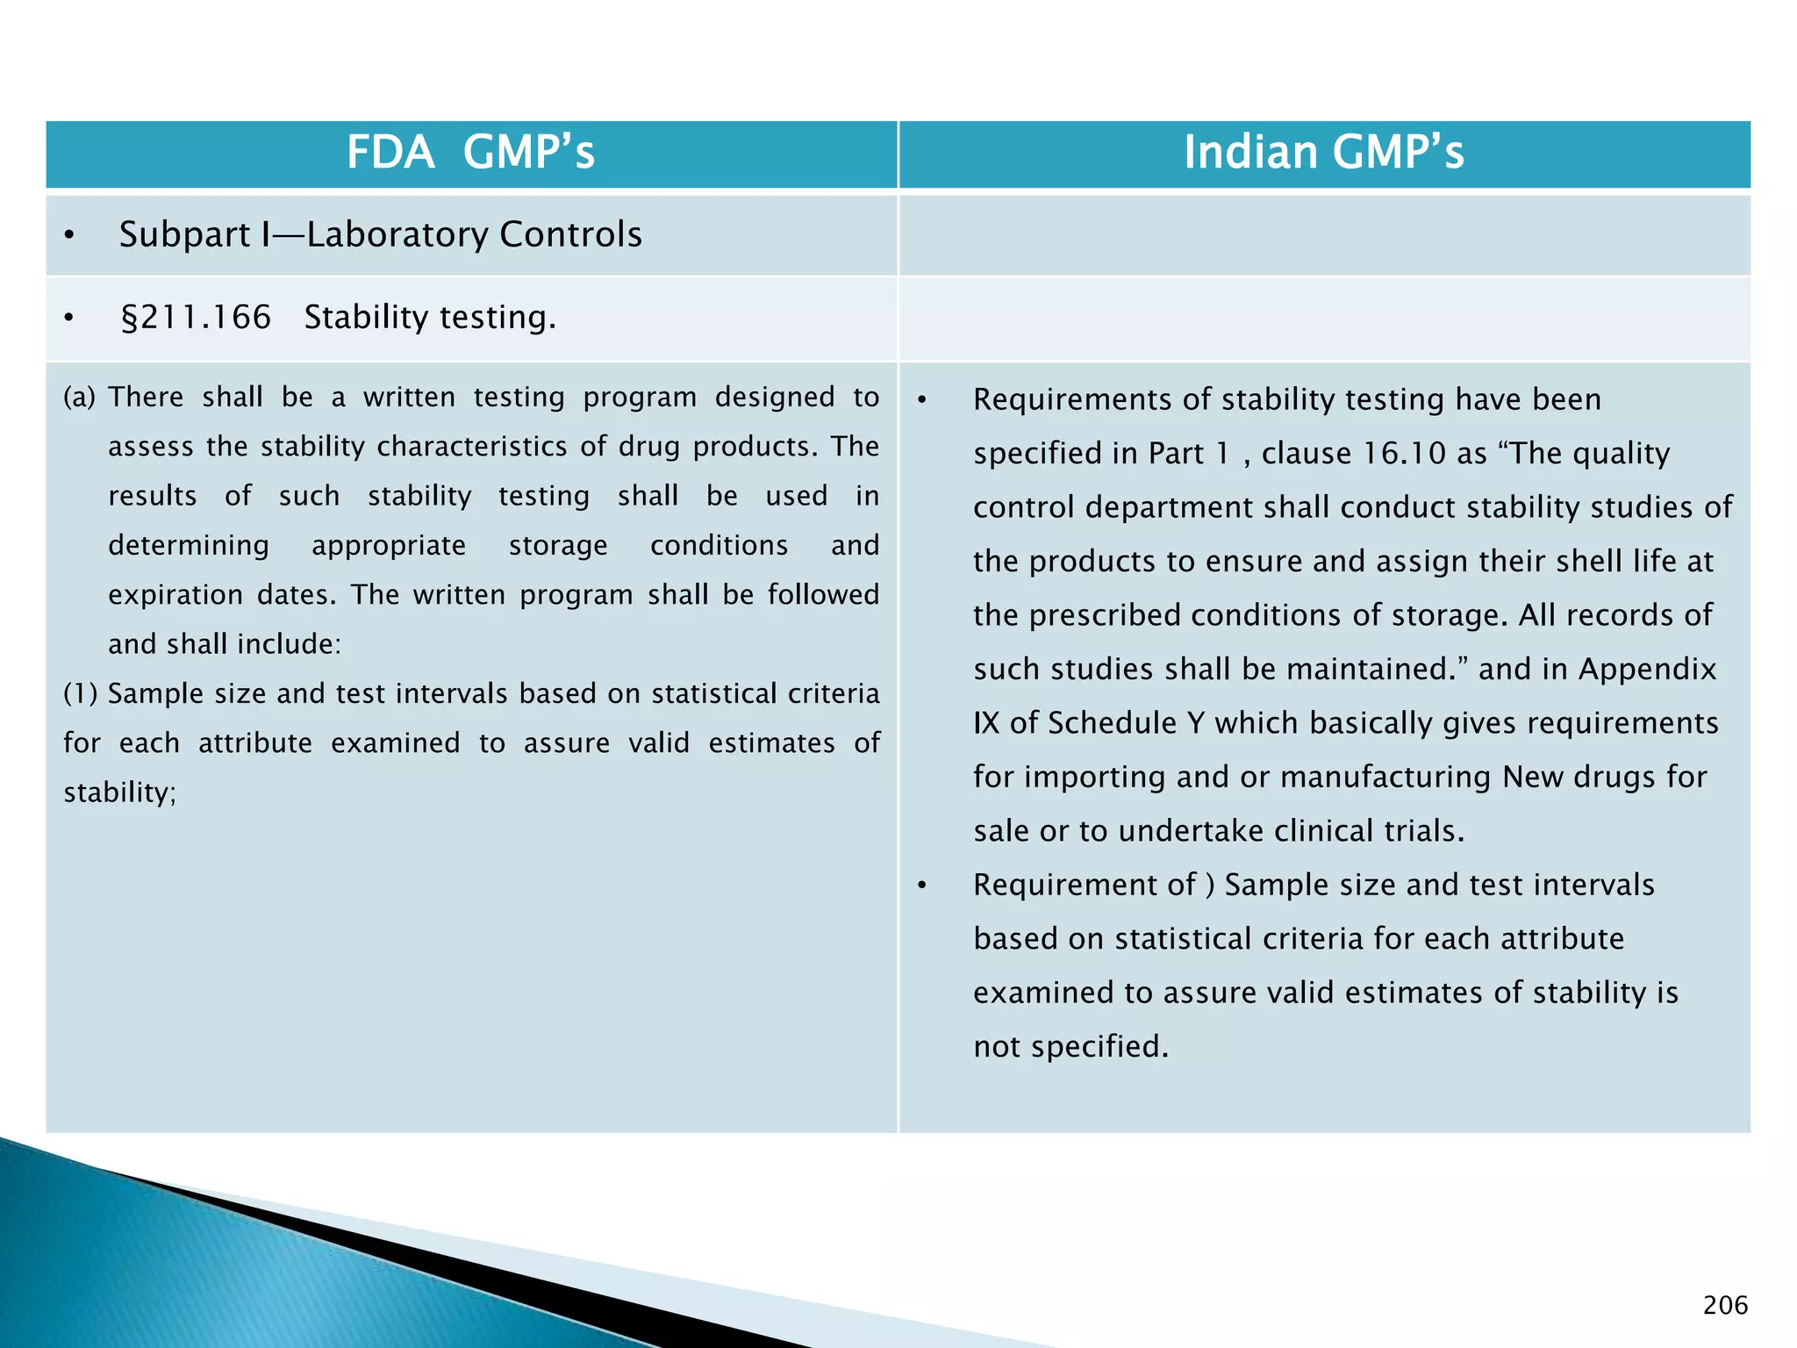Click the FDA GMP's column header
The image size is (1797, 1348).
click(x=470, y=152)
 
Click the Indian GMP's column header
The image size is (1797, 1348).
click(x=1323, y=152)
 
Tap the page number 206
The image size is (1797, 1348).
click(x=1725, y=1305)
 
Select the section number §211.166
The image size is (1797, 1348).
click(x=196, y=317)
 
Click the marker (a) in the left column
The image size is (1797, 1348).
click(x=79, y=397)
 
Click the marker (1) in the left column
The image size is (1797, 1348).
click(x=80, y=693)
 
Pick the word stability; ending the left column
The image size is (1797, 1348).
click(x=120, y=792)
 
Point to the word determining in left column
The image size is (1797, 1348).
click(x=189, y=545)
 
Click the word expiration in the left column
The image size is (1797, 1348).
click(x=175, y=594)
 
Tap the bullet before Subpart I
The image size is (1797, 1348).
click(x=69, y=235)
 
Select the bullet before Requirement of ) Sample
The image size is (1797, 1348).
click(x=921, y=886)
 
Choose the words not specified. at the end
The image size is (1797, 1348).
click(x=1070, y=1046)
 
